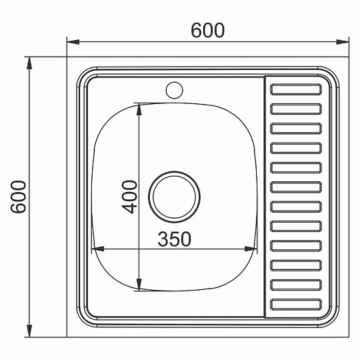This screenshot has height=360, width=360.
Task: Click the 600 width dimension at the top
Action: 207,30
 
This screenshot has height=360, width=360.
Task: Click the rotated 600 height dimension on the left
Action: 19,197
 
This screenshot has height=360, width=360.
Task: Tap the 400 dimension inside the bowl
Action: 129,197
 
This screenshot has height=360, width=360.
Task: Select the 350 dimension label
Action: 175,239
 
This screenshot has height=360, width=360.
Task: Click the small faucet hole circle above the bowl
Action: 175,90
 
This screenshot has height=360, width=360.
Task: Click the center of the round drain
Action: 174,197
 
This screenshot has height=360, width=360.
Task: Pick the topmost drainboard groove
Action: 296,89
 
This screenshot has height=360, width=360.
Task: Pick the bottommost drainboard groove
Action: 296,305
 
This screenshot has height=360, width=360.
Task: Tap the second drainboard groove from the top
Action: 296,109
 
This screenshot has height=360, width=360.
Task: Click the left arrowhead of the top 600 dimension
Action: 73,42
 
